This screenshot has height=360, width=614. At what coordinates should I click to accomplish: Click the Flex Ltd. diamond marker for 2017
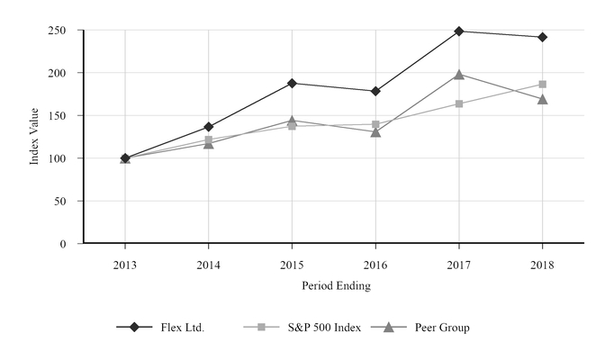[459, 31]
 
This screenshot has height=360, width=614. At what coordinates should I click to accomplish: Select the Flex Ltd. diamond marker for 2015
[292, 83]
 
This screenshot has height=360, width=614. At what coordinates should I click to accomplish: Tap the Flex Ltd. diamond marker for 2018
[542, 38]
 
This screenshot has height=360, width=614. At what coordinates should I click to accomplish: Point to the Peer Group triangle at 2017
[459, 75]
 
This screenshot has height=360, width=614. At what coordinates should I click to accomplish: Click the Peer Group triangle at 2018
[542, 99]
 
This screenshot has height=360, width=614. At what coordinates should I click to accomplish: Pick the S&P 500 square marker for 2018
[542, 85]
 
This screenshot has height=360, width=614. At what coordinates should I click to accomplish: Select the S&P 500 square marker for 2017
[459, 103]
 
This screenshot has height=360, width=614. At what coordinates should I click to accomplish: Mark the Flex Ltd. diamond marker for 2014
[209, 127]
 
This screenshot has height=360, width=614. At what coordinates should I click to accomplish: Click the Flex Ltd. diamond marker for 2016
[375, 91]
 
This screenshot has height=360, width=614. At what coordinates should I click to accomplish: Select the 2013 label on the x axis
[125, 265]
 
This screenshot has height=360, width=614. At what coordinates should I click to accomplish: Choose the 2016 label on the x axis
[375, 265]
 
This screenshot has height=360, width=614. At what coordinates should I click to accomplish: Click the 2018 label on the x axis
[542, 265]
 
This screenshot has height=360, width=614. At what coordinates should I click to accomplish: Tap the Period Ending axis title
[335, 286]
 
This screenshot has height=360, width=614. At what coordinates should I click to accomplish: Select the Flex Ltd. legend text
[184, 328]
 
